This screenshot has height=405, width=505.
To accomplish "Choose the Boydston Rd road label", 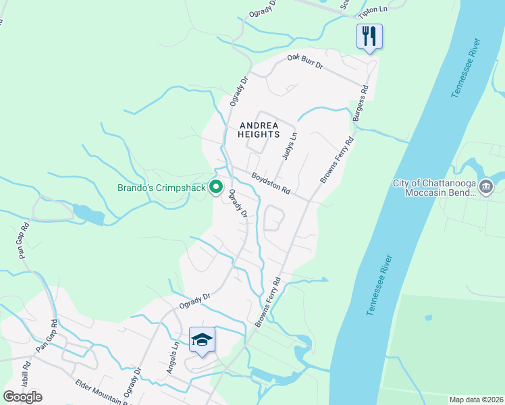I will (x=270, y=183).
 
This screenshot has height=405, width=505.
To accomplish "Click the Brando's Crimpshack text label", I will (x=161, y=188).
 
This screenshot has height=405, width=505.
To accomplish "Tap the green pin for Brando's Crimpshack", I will (x=216, y=187).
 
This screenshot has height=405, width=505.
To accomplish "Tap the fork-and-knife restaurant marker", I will (x=369, y=36).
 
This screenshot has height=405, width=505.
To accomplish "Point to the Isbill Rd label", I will (x=27, y=375).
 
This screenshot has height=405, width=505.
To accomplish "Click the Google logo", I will (x=22, y=396).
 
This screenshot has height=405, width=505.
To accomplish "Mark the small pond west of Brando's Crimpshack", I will (x=88, y=215).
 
